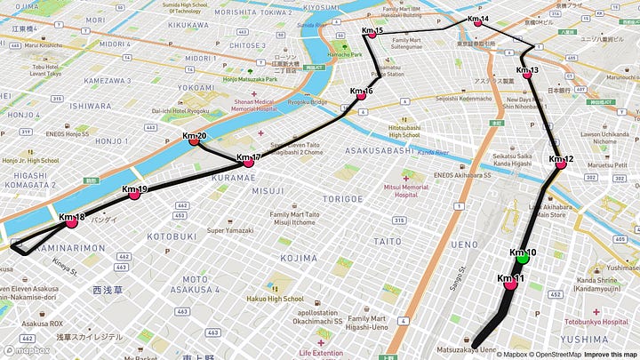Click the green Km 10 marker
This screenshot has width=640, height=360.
[x=523, y=259]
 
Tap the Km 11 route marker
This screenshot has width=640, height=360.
[x=510, y=285]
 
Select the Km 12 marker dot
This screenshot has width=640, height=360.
[x=561, y=164]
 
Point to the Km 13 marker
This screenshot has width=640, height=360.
[x=527, y=76]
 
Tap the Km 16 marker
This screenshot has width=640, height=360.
[x=361, y=96]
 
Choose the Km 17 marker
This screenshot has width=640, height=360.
[x=249, y=164]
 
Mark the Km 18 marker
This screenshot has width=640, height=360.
[x=72, y=223]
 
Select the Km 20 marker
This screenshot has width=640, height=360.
[x=194, y=141]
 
